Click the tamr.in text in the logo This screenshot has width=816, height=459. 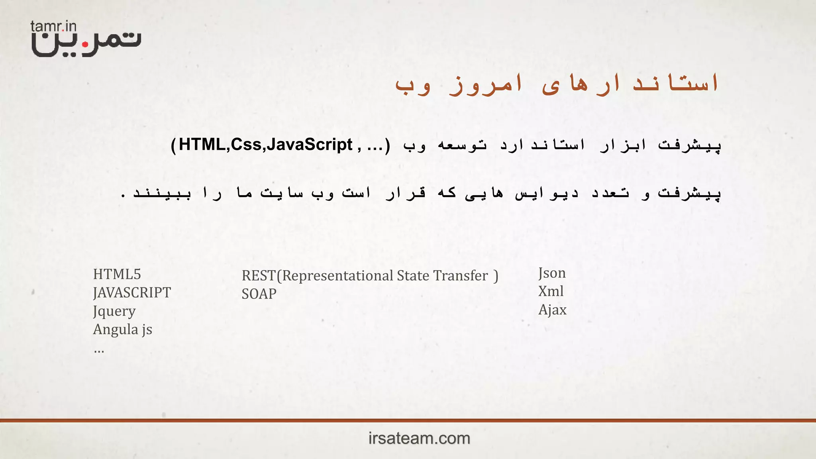pyautogui.click(x=53, y=27)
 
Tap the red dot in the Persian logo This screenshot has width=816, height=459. pyautogui.click(x=85, y=45)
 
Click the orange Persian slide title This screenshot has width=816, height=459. pyautogui.click(x=557, y=84)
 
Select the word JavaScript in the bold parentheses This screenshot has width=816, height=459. pyautogui.click(x=310, y=145)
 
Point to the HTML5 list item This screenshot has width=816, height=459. pyautogui.click(x=117, y=274)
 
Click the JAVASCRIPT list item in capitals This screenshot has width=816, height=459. pyautogui.click(x=132, y=293)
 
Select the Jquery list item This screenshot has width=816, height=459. pyautogui.click(x=114, y=311)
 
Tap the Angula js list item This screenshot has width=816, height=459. pyautogui.click(x=123, y=330)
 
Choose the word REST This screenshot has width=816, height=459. pyautogui.click(x=259, y=276)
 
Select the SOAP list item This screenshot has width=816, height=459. pyautogui.click(x=259, y=294)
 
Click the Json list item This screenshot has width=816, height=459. pyautogui.click(x=552, y=273)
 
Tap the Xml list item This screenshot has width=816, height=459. pyautogui.click(x=551, y=291)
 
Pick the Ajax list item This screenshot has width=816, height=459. pyautogui.click(x=552, y=310)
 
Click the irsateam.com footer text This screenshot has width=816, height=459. pyautogui.click(x=419, y=438)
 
